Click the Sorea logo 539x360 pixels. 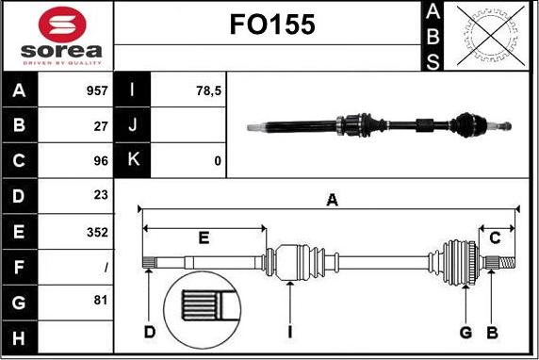57,36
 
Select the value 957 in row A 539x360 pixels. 95,91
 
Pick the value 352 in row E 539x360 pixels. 96,232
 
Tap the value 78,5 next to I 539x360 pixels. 206,91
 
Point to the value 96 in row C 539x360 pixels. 100,161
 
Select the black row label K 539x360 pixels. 133,160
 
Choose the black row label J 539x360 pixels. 133,125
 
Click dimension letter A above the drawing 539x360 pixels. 332,199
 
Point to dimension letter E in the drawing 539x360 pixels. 204,237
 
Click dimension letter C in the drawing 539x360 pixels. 495,237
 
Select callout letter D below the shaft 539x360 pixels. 149,332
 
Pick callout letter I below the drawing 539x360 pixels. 291,332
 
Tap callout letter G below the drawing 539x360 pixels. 465,332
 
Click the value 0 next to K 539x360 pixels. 217,161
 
